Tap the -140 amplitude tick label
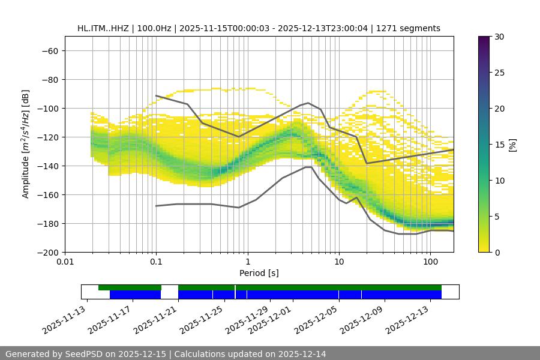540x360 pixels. coord(49,166)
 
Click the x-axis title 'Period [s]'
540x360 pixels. coord(259,274)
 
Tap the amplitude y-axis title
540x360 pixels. coord(25,144)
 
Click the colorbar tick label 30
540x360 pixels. coord(499,37)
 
